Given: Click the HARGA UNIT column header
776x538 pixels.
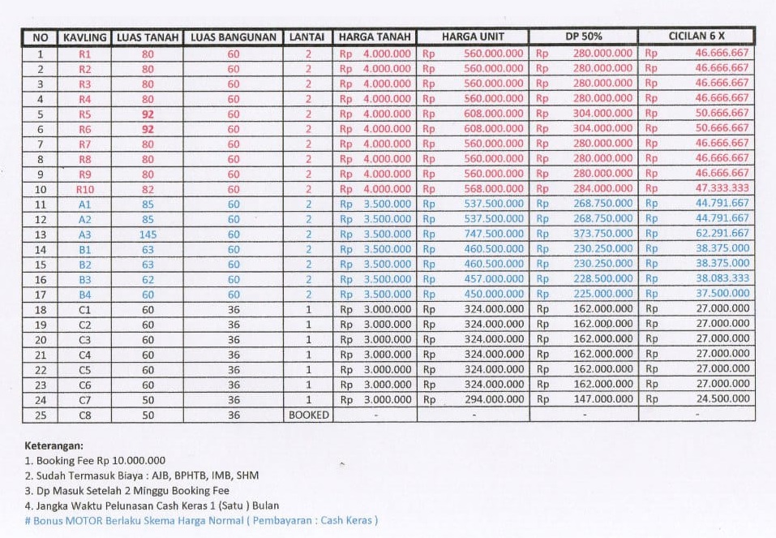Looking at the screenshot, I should coord(473,37).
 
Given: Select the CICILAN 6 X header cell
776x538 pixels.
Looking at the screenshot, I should coord(697,37).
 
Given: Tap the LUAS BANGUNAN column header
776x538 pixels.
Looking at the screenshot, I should coord(234,37).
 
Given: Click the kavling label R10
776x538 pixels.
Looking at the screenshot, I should coord(85,189).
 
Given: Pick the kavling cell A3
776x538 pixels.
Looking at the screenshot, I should coord(85,234).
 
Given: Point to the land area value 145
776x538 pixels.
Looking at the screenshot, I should coord(148,234).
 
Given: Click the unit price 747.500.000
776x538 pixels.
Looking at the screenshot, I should coord(494,234).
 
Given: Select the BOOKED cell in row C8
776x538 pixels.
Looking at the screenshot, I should coord(309,415).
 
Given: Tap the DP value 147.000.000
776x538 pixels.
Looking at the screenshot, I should coord(603,399).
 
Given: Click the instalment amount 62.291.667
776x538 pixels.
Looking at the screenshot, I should coord(722,234).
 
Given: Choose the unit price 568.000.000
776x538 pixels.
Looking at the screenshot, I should coord(494,189).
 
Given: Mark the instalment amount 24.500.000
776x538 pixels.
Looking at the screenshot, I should coord(722,399).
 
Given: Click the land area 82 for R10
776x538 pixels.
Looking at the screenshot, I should coord(148,189).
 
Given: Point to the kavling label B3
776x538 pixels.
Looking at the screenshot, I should coord(85,279).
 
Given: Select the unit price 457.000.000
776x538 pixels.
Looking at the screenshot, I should coord(494,279).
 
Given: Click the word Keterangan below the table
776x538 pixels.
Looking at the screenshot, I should coord(54,445).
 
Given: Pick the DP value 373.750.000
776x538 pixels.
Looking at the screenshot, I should coord(603,234).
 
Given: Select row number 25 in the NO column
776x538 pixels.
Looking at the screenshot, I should coord(41,415).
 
